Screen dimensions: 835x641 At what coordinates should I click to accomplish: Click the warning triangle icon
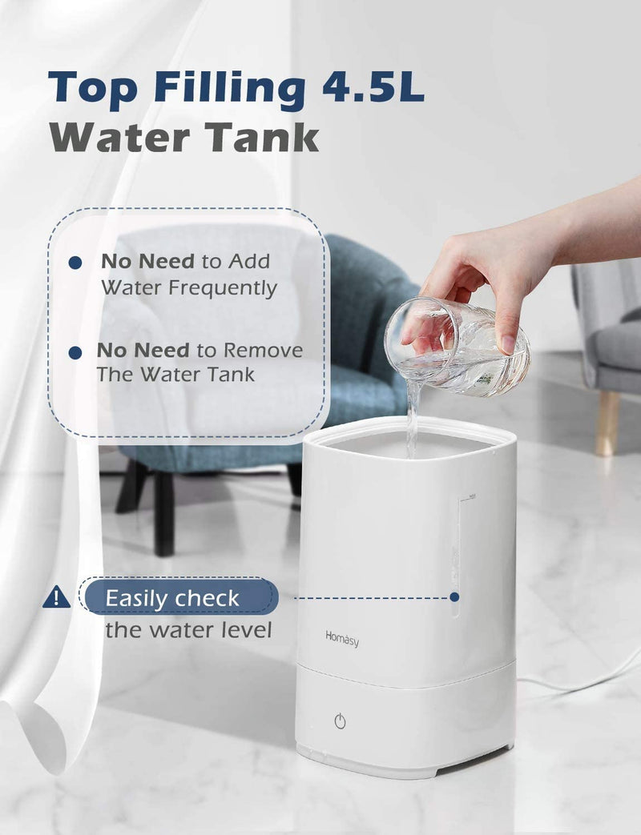(56, 596)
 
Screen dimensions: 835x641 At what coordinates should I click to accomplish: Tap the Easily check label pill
(178, 597)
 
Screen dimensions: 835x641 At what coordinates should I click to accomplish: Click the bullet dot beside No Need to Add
(75, 262)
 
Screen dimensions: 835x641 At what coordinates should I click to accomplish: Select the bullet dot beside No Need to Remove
(75, 351)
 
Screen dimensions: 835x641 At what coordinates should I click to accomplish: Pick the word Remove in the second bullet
(264, 351)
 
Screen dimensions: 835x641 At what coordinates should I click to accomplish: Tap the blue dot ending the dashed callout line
(454, 596)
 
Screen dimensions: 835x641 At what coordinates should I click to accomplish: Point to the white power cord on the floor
(577, 684)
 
